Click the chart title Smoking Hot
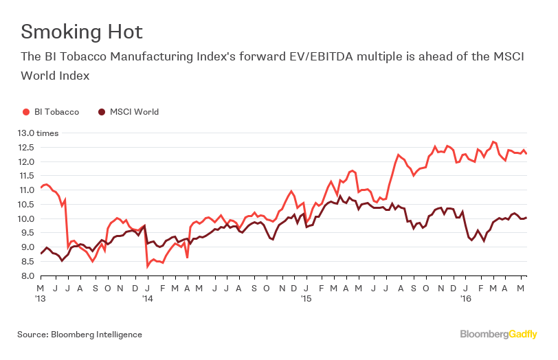pyautogui.click(x=82, y=32)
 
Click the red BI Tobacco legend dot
pyautogui.click(x=26, y=112)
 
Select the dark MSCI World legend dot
pyautogui.click(x=102, y=112)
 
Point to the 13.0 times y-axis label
pyautogui.click(x=38, y=133)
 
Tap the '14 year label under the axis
pyautogui.click(x=148, y=300)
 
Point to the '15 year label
pyautogui.click(x=306, y=300)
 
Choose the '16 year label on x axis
pyautogui.click(x=464, y=300)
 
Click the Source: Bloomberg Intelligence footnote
pyautogui.click(x=80, y=335)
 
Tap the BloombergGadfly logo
pyautogui.click(x=498, y=335)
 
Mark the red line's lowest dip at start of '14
pyautogui.click(x=147, y=267)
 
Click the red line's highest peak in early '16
pyautogui.click(x=493, y=142)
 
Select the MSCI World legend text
pyautogui.click(x=134, y=112)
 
